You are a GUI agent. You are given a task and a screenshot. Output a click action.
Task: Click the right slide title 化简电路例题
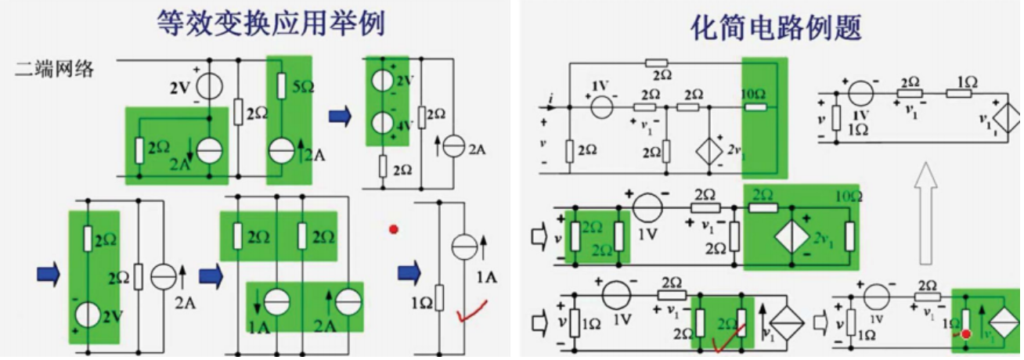(x=776, y=27)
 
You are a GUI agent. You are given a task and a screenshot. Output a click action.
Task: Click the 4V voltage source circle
(x=381, y=123)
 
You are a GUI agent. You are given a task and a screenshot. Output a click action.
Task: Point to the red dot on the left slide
(x=393, y=230)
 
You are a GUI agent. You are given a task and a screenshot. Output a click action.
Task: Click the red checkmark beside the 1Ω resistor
(x=471, y=311)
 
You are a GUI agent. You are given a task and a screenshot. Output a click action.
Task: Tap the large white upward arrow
(x=927, y=211)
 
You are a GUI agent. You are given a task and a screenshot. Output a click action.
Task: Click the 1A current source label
(x=485, y=275)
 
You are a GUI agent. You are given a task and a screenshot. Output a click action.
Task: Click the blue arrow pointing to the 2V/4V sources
(x=340, y=117)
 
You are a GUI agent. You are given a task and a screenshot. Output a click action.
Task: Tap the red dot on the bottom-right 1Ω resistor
(x=967, y=334)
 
